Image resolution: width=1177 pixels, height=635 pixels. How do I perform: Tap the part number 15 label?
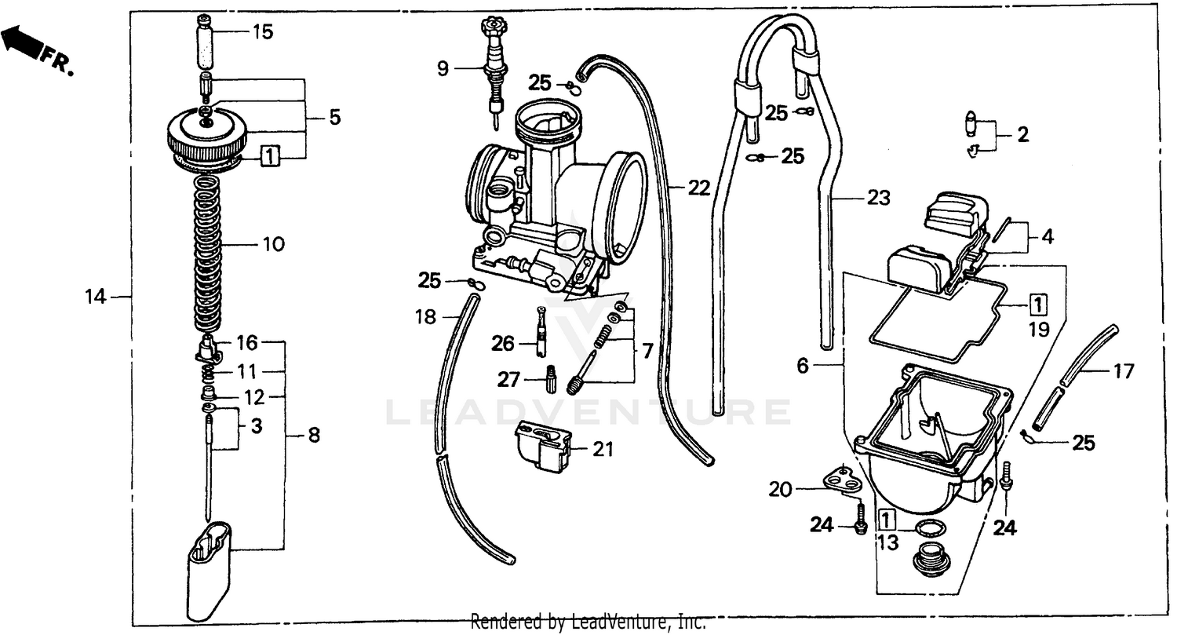263,32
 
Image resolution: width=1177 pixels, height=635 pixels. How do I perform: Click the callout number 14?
95,297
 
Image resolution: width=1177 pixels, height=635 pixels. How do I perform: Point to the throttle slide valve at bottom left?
210,564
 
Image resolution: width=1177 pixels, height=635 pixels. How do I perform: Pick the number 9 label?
443,68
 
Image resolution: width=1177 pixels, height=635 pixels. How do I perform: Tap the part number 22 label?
699,188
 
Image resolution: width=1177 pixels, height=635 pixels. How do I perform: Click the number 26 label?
503,343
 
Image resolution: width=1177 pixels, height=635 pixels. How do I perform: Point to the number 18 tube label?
425,317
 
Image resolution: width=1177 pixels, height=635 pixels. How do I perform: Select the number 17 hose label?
1124,370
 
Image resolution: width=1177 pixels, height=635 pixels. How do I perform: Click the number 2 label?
1022,134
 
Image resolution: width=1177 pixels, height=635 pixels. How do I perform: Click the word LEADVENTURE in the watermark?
588,411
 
